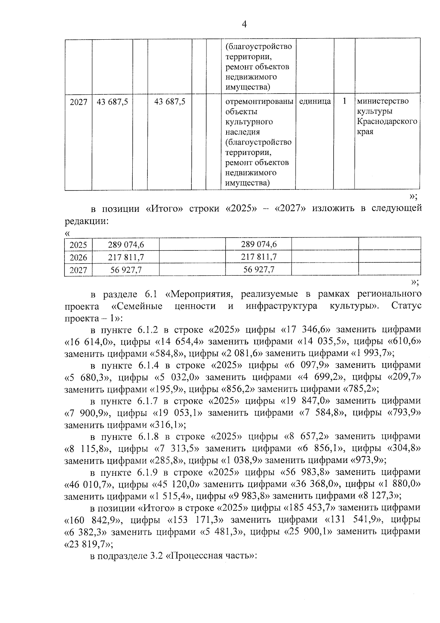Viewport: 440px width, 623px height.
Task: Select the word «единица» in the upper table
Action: (315, 101)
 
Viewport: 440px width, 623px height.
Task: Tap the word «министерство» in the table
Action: (383, 101)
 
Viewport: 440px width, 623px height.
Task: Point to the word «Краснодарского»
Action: (387, 122)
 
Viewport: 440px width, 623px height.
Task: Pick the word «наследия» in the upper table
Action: (243, 132)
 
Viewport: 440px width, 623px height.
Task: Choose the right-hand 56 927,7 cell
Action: (259, 270)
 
